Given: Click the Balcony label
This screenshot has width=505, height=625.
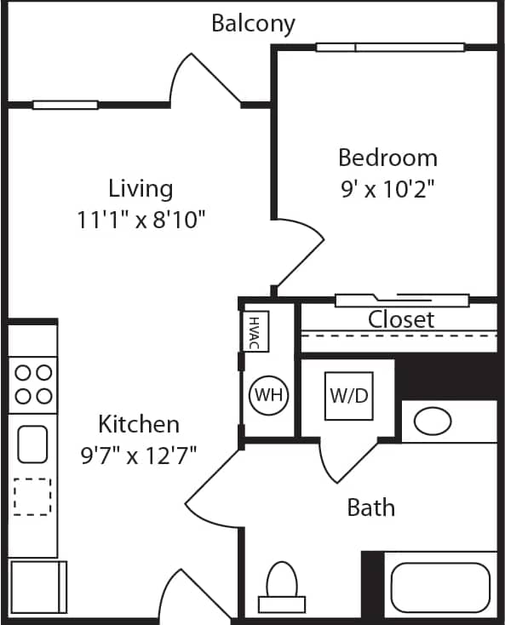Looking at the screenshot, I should point(253,23).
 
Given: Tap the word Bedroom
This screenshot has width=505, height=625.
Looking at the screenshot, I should point(387,158).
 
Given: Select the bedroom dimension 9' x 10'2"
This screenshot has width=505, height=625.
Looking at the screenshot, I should point(387,188).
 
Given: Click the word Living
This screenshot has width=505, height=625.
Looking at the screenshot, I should point(141,188).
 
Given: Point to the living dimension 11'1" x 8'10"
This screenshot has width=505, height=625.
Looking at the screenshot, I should point(141,220).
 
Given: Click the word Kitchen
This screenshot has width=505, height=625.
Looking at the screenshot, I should point(139,423).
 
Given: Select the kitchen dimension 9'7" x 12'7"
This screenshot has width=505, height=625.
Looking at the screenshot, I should point(139,454).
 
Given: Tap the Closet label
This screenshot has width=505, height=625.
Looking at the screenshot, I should point(400,319).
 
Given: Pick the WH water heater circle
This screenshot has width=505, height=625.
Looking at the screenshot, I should point(269,395).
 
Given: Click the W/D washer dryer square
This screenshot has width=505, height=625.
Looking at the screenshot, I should point(348,396).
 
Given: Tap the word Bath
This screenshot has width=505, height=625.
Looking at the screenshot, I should point(371,508).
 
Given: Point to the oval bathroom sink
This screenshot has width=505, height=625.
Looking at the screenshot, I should point(433,421).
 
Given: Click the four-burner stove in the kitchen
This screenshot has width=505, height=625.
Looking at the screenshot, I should point(32,384).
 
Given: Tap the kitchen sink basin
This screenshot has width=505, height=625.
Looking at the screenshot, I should point(32,443).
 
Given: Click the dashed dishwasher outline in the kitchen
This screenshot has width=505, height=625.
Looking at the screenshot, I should point(32,496).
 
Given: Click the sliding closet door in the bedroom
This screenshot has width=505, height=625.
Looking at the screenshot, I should point(402,300).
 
